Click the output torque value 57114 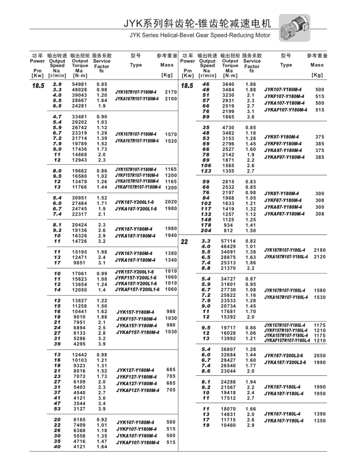[230, 241]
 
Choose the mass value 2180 [320, 250]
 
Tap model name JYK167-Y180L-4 [288, 414]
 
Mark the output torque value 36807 [230, 349]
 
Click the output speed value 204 [206, 231]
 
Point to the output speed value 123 [206, 171]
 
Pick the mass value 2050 [320, 355]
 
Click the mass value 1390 [320, 414]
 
